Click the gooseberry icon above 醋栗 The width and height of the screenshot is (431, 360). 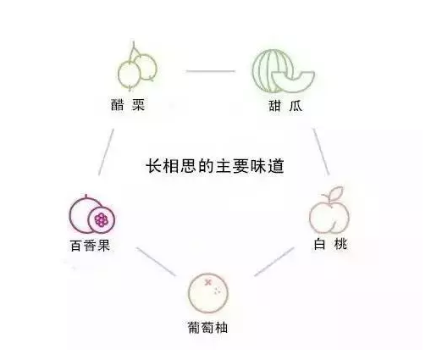(x=137, y=68)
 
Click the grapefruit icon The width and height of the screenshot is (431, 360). (x=208, y=293)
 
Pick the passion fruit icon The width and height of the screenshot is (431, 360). (x=92, y=215)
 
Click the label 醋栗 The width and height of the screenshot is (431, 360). (x=128, y=105)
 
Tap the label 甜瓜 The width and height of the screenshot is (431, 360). (x=285, y=106)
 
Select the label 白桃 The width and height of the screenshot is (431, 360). (x=330, y=244)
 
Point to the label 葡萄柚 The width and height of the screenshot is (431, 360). (x=207, y=328)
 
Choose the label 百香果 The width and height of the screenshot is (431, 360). (x=90, y=246)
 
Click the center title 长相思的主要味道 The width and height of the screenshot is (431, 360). (x=215, y=166)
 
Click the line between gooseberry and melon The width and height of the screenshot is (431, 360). (x=211, y=71)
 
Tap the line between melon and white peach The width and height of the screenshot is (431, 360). (x=321, y=152)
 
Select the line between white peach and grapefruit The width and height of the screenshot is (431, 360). (x=274, y=262)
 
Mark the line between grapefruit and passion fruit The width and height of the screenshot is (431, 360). (x=156, y=262)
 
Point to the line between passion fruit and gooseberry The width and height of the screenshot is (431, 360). (x=106, y=152)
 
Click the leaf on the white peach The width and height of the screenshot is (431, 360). (x=337, y=193)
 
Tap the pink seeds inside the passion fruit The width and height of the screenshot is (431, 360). (x=102, y=220)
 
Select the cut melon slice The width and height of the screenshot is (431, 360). (x=293, y=80)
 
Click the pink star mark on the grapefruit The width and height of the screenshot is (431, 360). (x=208, y=282)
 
